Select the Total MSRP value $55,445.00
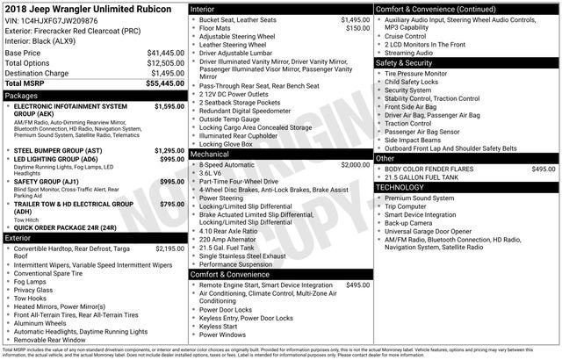[165, 83]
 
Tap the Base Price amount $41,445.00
[165, 53]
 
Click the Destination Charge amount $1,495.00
[166, 73]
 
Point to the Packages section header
[22, 95]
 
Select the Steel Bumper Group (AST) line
[71, 151]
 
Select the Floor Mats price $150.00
[357, 28]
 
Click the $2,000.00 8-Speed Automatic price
[355, 164]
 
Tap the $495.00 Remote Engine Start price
[357, 285]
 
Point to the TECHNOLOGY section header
[406, 187]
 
